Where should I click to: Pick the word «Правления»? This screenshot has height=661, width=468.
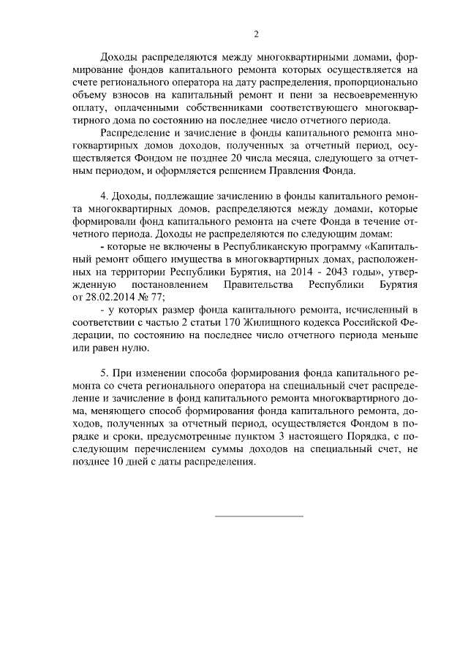(295, 172)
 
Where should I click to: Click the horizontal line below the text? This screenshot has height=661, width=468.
(258, 517)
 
